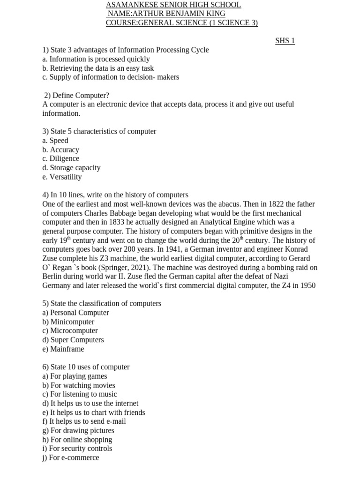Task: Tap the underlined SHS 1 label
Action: (x=285, y=41)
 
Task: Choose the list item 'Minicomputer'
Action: (x=72, y=322)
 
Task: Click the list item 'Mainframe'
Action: (x=67, y=349)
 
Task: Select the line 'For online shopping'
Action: (x=81, y=440)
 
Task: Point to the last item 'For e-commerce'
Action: (x=74, y=457)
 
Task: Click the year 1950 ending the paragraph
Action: (x=307, y=285)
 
